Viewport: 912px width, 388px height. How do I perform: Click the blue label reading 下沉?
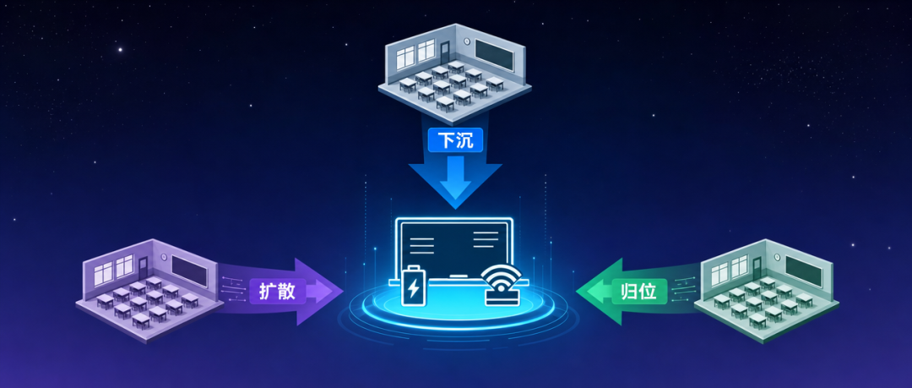[455, 140]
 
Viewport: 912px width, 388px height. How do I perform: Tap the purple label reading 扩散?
[278, 291]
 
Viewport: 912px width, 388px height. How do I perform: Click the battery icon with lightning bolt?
[413, 285]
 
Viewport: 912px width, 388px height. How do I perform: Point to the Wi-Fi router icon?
[502, 286]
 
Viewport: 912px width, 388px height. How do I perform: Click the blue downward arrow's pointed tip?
[455, 209]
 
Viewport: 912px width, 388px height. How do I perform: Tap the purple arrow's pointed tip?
[342, 292]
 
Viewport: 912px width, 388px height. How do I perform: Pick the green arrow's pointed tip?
[577, 292]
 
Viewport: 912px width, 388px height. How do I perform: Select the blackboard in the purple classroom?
[189, 271]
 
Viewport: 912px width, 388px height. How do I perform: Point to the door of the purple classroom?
[143, 268]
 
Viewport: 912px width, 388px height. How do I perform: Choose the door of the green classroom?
[757, 267]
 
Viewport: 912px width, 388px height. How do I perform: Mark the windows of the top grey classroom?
[415, 53]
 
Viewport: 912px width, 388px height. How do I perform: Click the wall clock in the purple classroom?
[165, 257]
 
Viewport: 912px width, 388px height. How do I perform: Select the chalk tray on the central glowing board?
[455, 275]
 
